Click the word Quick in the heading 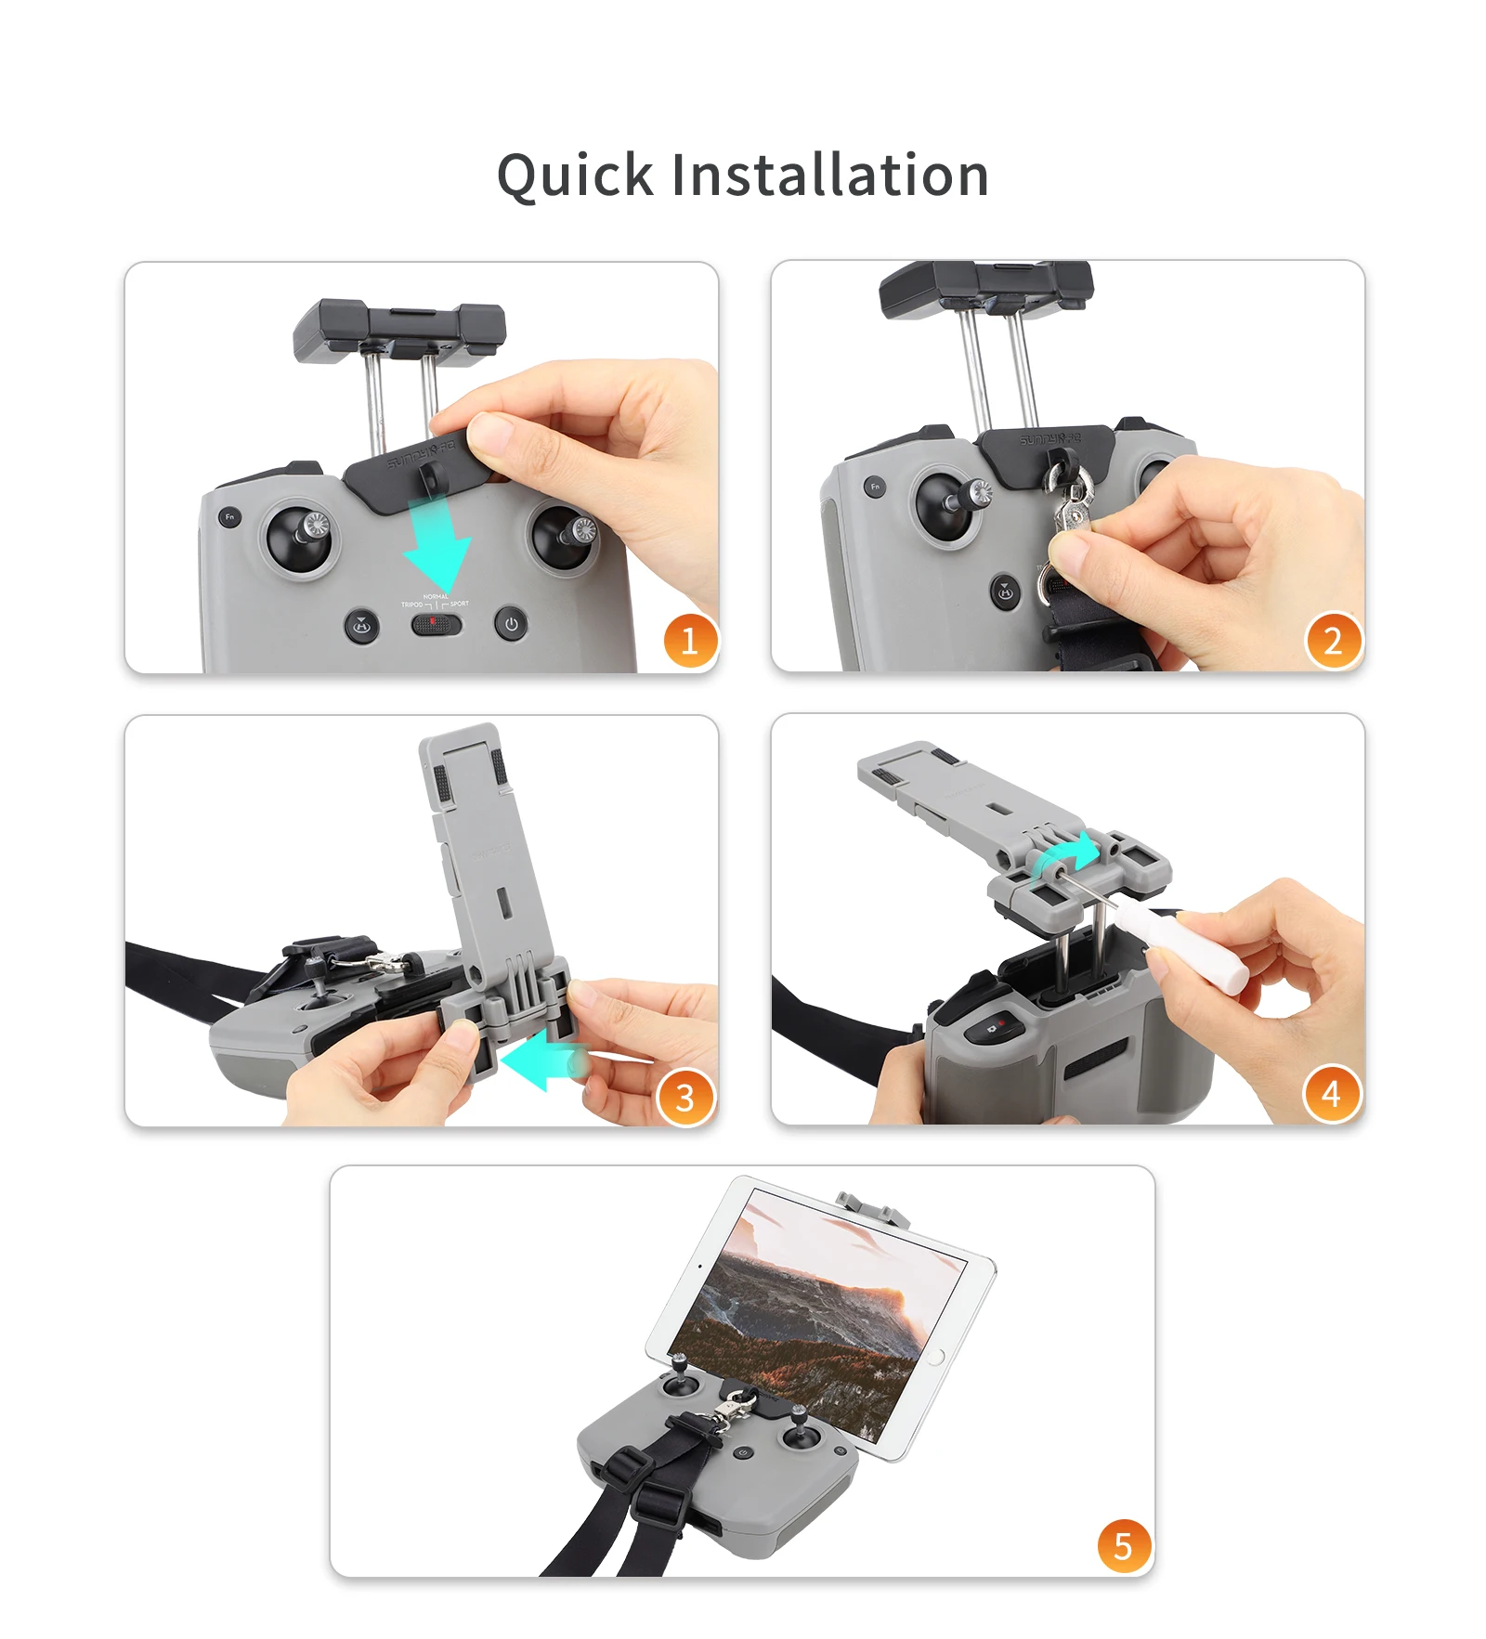click(575, 176)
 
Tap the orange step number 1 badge click(689, 641)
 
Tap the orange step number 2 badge click(1333, 641)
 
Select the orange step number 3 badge click(684, 1098)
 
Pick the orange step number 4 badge click(1331, 1094)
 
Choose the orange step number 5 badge click(1123, 1546)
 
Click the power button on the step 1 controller click(511, 623)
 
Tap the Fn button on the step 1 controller click(229, 517)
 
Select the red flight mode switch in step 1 click(436, 623)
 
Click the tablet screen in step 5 click(817, 1319)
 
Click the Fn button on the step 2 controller click(874, 486)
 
